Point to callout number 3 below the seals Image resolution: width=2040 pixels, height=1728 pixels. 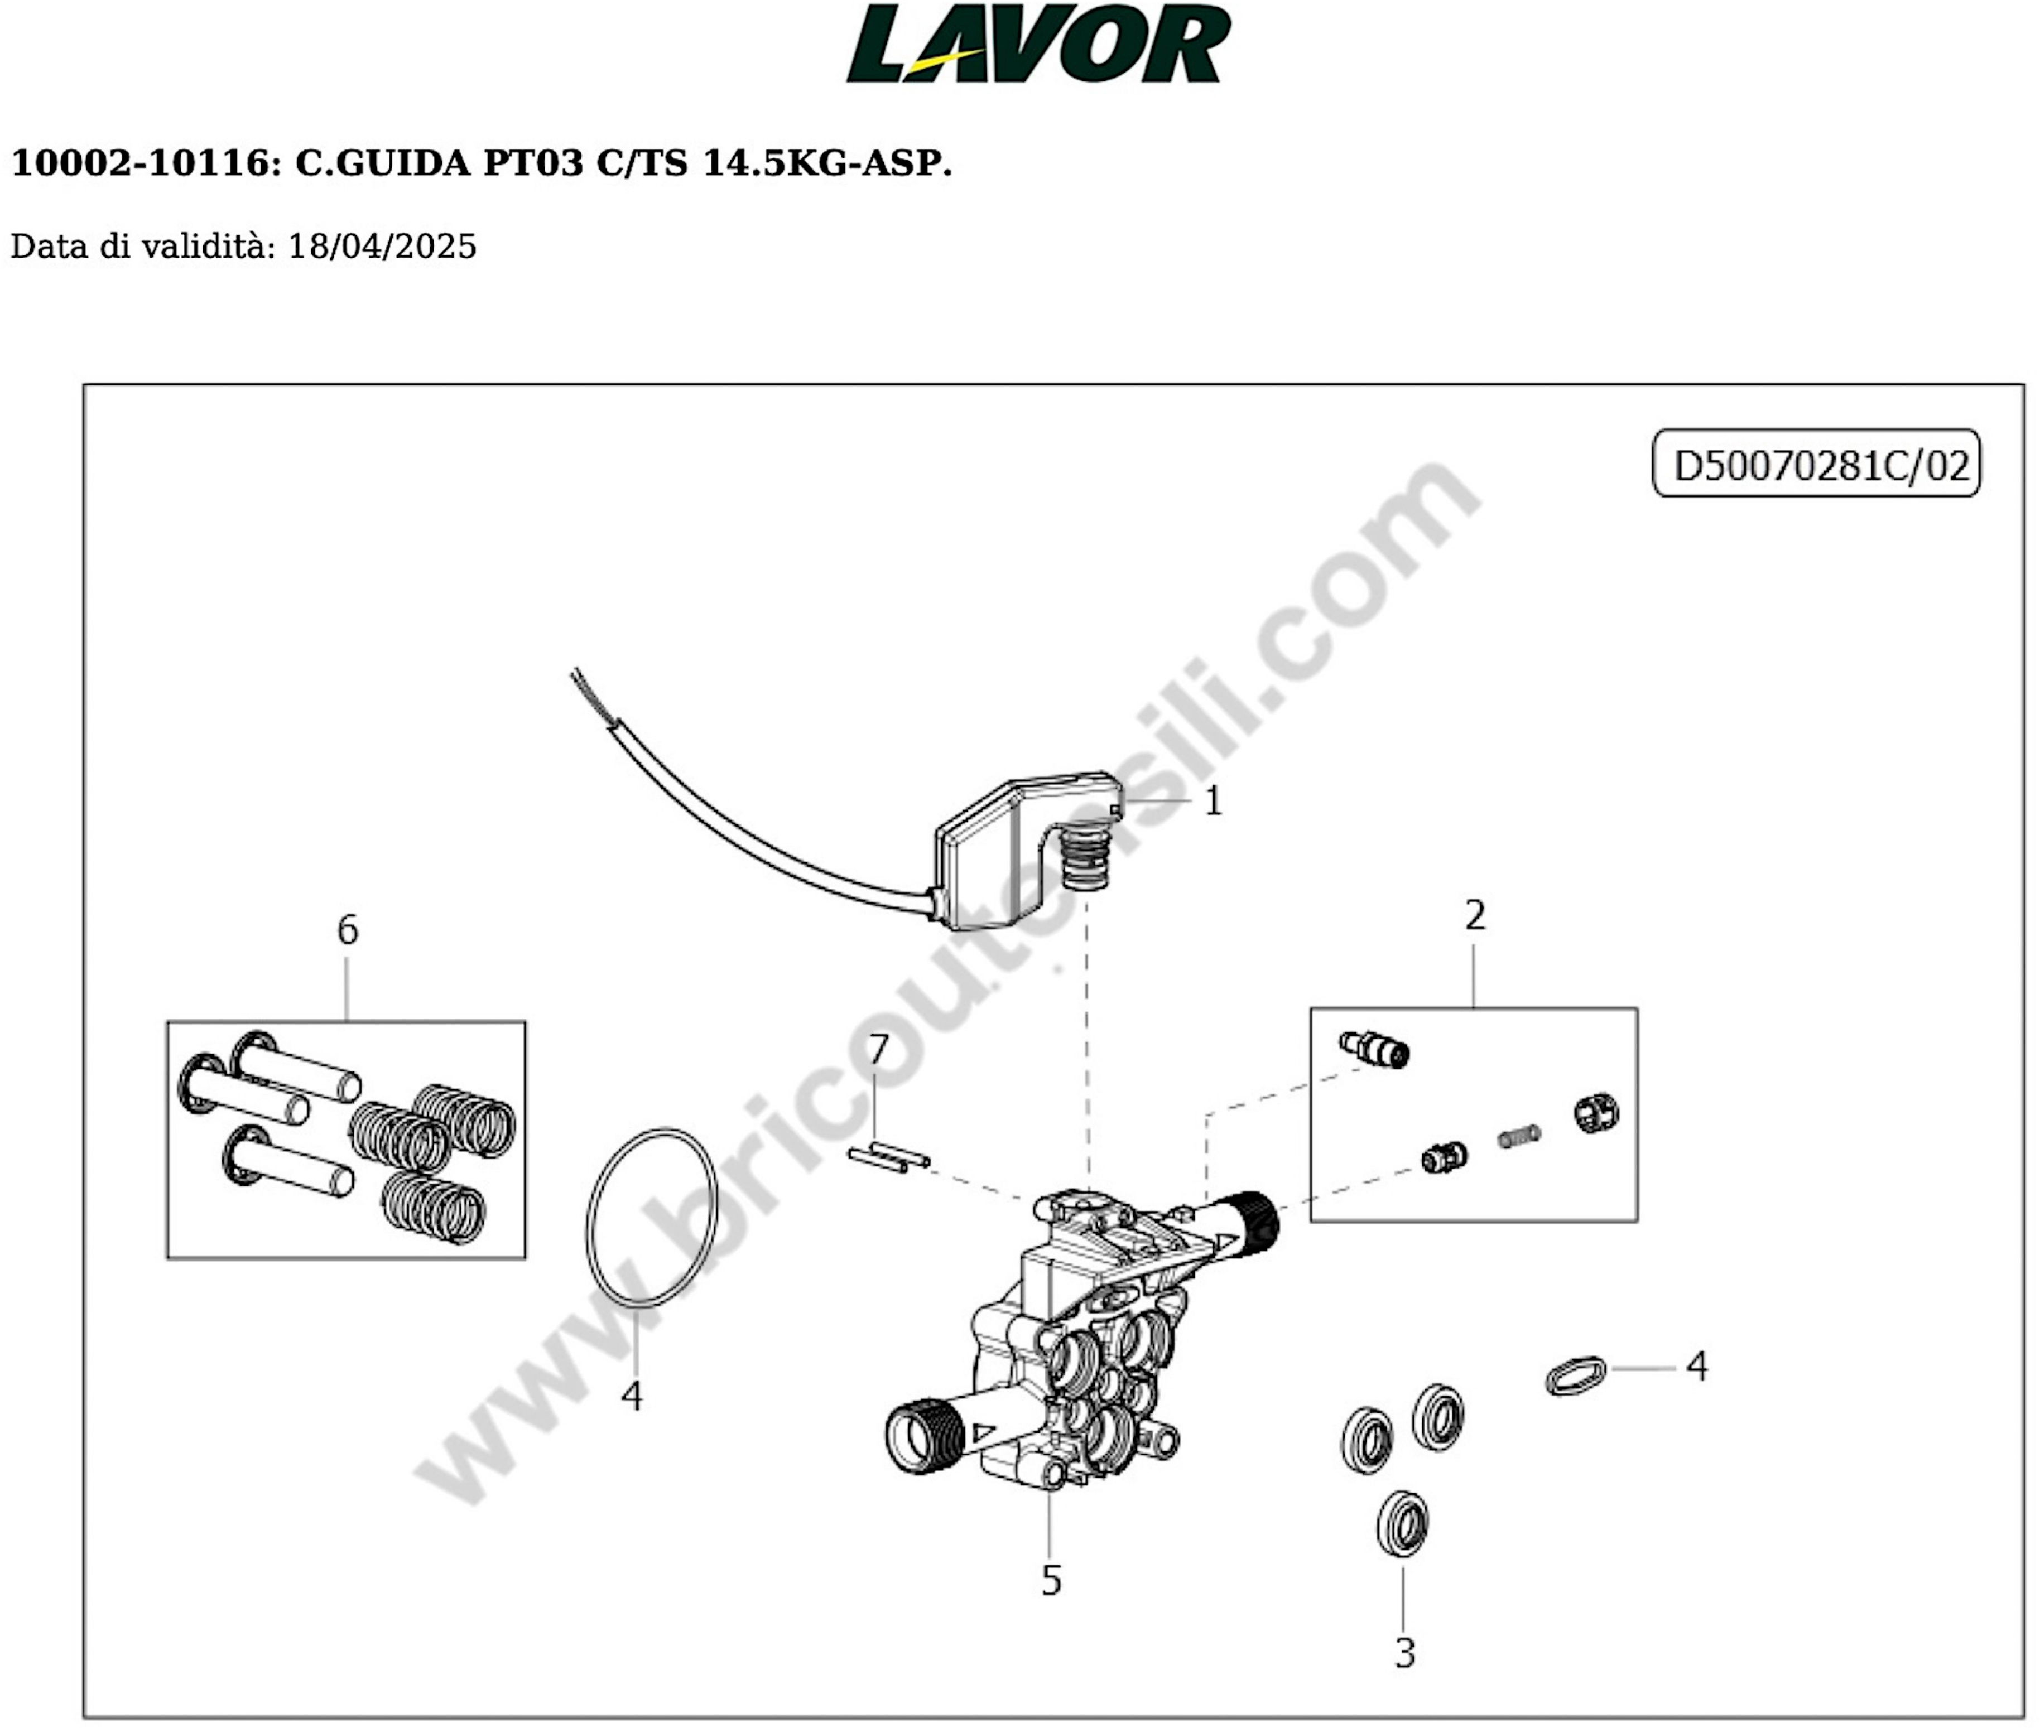(1404, 1653)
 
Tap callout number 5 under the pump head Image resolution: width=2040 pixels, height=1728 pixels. (1050, 1580)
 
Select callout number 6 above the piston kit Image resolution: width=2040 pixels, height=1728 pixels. (347, 929)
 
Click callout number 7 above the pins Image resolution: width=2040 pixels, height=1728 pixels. (878, 1050)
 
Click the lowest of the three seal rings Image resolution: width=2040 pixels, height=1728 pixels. (1402, 1523)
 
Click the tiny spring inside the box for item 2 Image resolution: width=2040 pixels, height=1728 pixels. (1519, 1136)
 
